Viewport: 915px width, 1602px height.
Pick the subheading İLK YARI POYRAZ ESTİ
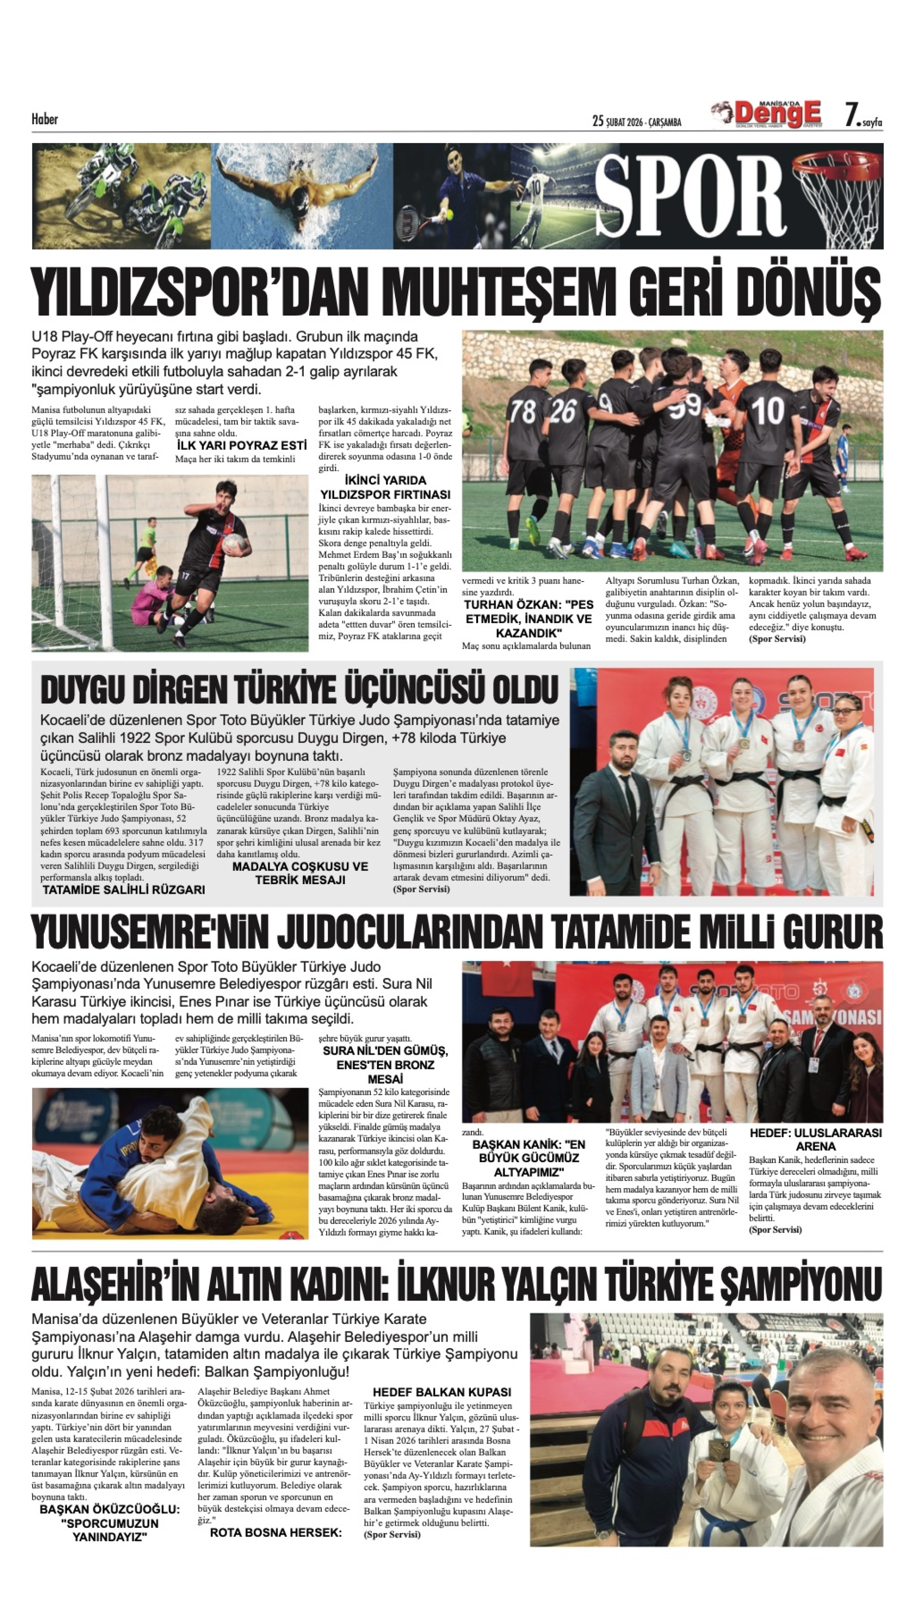(x=241, y=446)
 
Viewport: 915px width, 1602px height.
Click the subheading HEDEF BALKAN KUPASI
(x=442, y=1392)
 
